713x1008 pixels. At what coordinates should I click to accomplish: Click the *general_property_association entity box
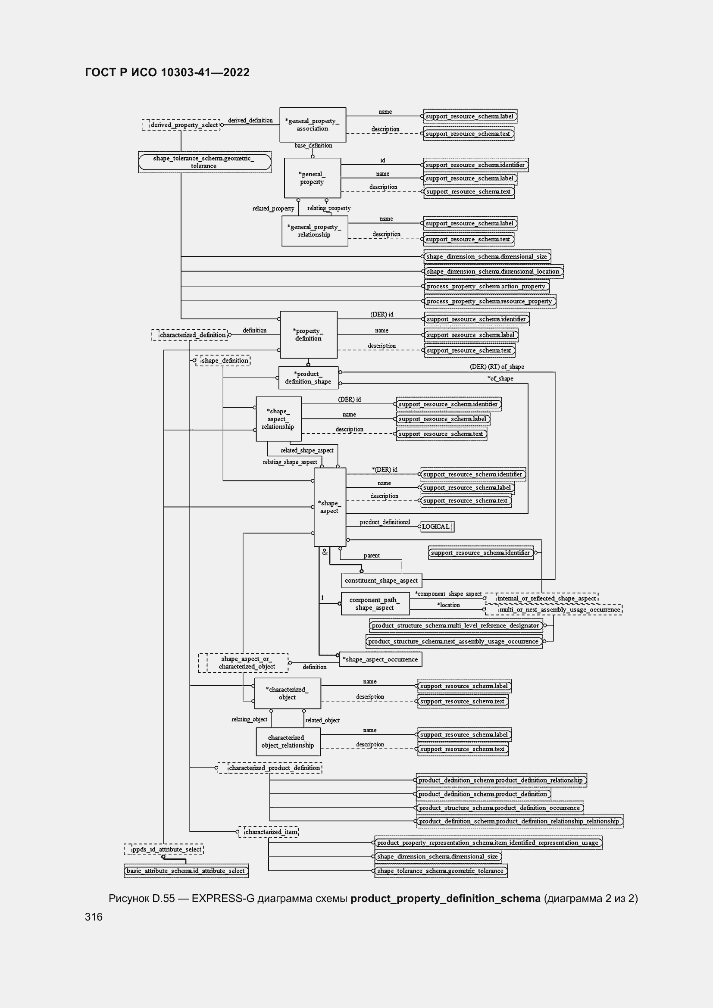pyautogui.click(x=313, y=125)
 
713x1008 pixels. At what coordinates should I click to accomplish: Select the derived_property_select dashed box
pyautogui.click(x=181, y=125)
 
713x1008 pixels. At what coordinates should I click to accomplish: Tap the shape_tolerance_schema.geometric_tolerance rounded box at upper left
pyautogui.click(x=205, y=162)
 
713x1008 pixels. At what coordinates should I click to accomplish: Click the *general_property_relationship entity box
pyautogui.click(x=315, y=231)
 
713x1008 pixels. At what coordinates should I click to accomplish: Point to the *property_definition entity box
pyautogui.click(x=309, y=334)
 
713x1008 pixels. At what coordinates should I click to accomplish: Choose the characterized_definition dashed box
pyautogui.click(x=190, y=335)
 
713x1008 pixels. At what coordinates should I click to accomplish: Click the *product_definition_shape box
pyautogui.click(x=308, y=378)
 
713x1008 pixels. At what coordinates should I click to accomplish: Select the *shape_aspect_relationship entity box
pyautogui.click(x=278, y=419)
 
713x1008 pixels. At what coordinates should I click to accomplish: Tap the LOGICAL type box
pyautogui.click(x=437, y=526)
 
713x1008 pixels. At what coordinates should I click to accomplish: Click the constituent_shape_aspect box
pyautogui.click(x=382, y=580)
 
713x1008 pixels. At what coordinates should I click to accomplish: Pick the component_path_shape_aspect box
pyautogui.click(x=375, y=604)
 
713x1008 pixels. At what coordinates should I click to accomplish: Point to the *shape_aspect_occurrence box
pyautogui.click(x=381, y=659)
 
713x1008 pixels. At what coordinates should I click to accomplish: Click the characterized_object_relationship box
pyautogui.click(x=288, y=742)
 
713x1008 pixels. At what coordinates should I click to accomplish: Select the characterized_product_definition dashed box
pyautogui.click(x=269, y=768)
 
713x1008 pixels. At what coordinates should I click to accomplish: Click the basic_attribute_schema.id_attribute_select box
pyautogui.click(x=186, y=871)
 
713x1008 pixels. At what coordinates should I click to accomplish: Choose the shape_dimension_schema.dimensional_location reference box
pyautogui.click(x=494, y=272)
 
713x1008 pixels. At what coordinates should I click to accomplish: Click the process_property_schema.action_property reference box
pyautogui.click(x=486, y=286)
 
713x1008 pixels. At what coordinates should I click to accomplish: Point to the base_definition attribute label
pyautogui.click(x=313, y=146)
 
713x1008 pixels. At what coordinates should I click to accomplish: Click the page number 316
pyautogui.click(x=94, y=917)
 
